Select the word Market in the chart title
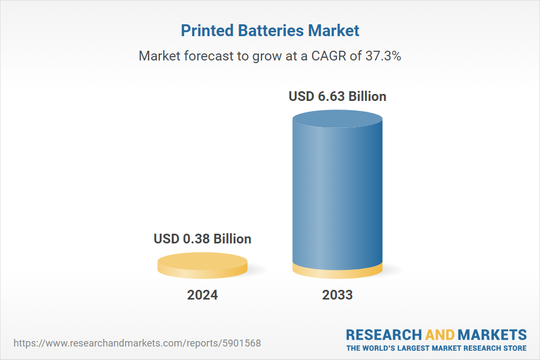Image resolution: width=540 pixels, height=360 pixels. point(333,31)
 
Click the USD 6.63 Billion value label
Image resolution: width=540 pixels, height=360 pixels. point(337,97)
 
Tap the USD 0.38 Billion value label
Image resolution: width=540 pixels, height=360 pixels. point(202,239)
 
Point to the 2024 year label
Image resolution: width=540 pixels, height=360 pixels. point(202,295)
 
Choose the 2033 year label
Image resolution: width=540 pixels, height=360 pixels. point(337,295)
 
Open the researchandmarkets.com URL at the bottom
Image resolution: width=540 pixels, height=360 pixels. point(137,343)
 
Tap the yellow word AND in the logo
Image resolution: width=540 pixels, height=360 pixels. point(440,334)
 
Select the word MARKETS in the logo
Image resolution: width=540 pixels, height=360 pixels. point(492,334)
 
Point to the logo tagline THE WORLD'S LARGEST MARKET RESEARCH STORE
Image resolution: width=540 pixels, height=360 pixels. point(436,348)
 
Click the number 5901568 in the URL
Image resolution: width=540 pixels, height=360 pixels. point(241,343)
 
